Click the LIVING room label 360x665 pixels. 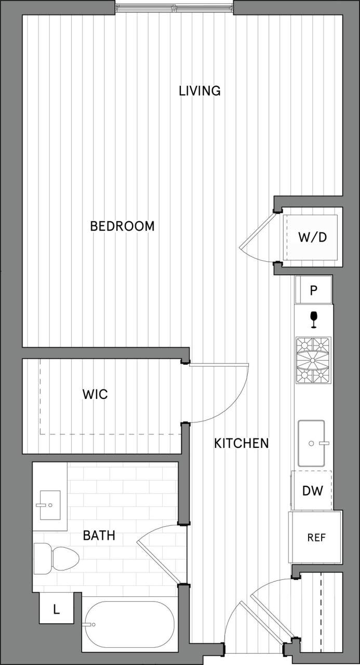click(x=199, y=91)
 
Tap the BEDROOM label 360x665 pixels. click(x=122, y=227)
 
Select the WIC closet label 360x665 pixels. click(x=95, y=394)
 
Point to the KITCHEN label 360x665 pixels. click(x=242, y=443)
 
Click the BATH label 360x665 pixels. click(x=99, y=535)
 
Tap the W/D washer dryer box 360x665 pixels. click(x=312, y=237)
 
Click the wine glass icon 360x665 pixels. click(x=313, y=320)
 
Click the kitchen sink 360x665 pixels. click(x=311, y=443)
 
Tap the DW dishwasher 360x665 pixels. click(x=312, y=490)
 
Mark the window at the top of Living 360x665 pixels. click(x=174, y=7)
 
